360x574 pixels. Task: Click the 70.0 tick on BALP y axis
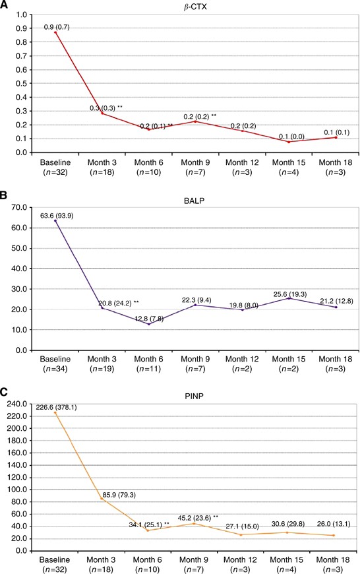pyautogui.click(x=20, y=208)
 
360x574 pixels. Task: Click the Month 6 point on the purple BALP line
pyautogui.click(x=149, y=324)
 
